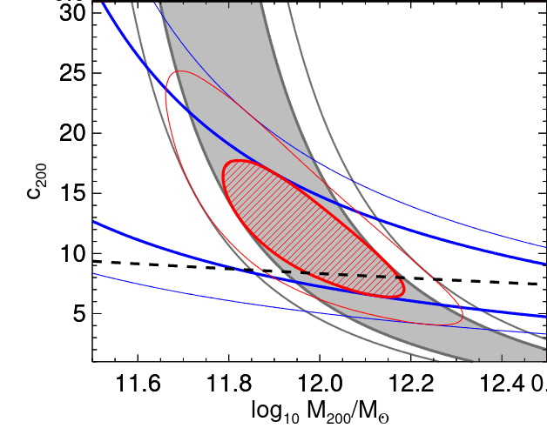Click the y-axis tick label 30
[71, 13]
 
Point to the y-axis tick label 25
[71, 73]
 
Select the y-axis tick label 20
[71, 133]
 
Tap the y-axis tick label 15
[71, 193]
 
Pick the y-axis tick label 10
[71, 253]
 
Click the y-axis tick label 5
[77, 313]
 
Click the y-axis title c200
[35, 188]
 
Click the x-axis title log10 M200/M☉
[320, 414]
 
